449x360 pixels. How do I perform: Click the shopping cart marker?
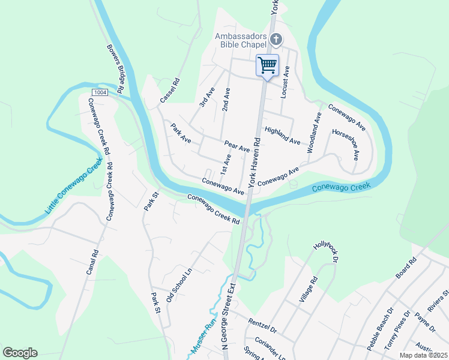coord(268,65)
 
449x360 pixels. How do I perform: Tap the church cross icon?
coord(276,40)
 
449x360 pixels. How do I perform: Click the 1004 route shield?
coord(100,92)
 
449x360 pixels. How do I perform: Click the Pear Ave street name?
coord(237,146)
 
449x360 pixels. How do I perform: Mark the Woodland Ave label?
coord(314,132)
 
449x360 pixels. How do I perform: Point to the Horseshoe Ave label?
coord(346,144)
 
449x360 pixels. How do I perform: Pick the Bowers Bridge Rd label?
coord(115,68)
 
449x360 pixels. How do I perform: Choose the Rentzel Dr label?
coord(264,328)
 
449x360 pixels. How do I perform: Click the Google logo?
coord(20,353)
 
